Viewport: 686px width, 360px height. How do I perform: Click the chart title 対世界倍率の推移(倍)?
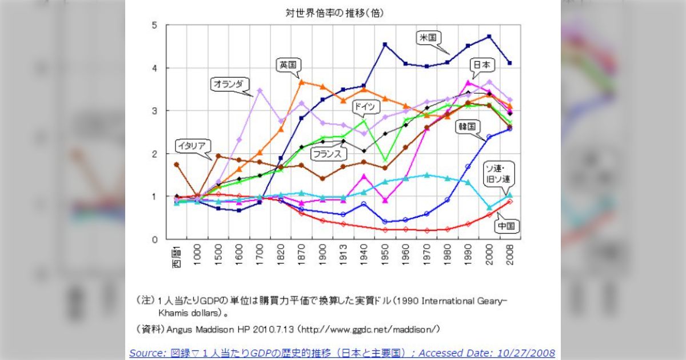[336, 12]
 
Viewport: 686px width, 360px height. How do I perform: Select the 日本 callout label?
[481, 65]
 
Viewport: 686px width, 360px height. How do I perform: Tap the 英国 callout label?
[288, 65]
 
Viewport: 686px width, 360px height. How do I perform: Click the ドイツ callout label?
[364, 106]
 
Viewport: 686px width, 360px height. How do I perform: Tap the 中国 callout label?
[506, 226]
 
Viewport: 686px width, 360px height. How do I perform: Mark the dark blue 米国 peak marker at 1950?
[385, 45]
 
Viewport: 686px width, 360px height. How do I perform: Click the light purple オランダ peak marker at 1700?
[260, 90]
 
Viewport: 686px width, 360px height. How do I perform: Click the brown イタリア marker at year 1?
[177, 165]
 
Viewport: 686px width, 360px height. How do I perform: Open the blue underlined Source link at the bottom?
[342, 353]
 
